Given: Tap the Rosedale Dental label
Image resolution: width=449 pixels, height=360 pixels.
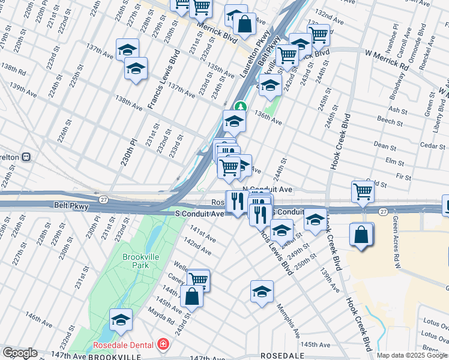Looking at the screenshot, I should click(x=122, y=346).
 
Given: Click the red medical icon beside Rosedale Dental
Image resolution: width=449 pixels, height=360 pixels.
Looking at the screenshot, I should click(x=163, y=345).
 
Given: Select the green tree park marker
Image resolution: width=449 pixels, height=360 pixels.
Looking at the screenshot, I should click(x=240, y=107).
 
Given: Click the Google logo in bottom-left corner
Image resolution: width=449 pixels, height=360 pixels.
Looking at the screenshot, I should click(x=19, y=353).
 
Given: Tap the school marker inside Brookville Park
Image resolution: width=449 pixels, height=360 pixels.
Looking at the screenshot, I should click(x=121, y=319).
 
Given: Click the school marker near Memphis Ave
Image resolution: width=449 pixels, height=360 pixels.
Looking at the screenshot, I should click(x=262, y=292).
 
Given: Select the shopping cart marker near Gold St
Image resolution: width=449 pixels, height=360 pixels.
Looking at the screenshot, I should click(x=363, y=191).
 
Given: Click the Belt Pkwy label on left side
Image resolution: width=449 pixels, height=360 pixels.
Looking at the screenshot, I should click(x=73, y=206).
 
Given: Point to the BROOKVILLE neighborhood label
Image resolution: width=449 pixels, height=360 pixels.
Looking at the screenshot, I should click(x=98, y=356).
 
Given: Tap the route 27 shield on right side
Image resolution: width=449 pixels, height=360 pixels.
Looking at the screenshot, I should click(x=383, y=211).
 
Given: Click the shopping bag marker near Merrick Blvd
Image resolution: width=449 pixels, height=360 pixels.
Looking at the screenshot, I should click(x=244, y=25).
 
